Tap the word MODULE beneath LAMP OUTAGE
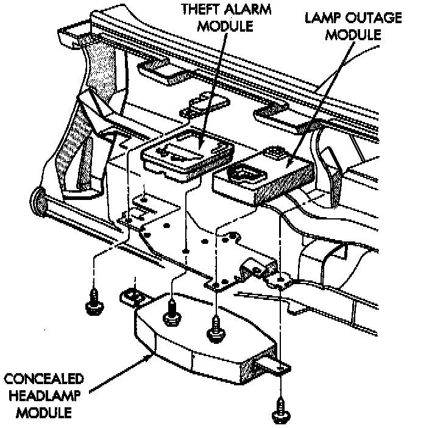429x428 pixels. [x=353, y=35]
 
